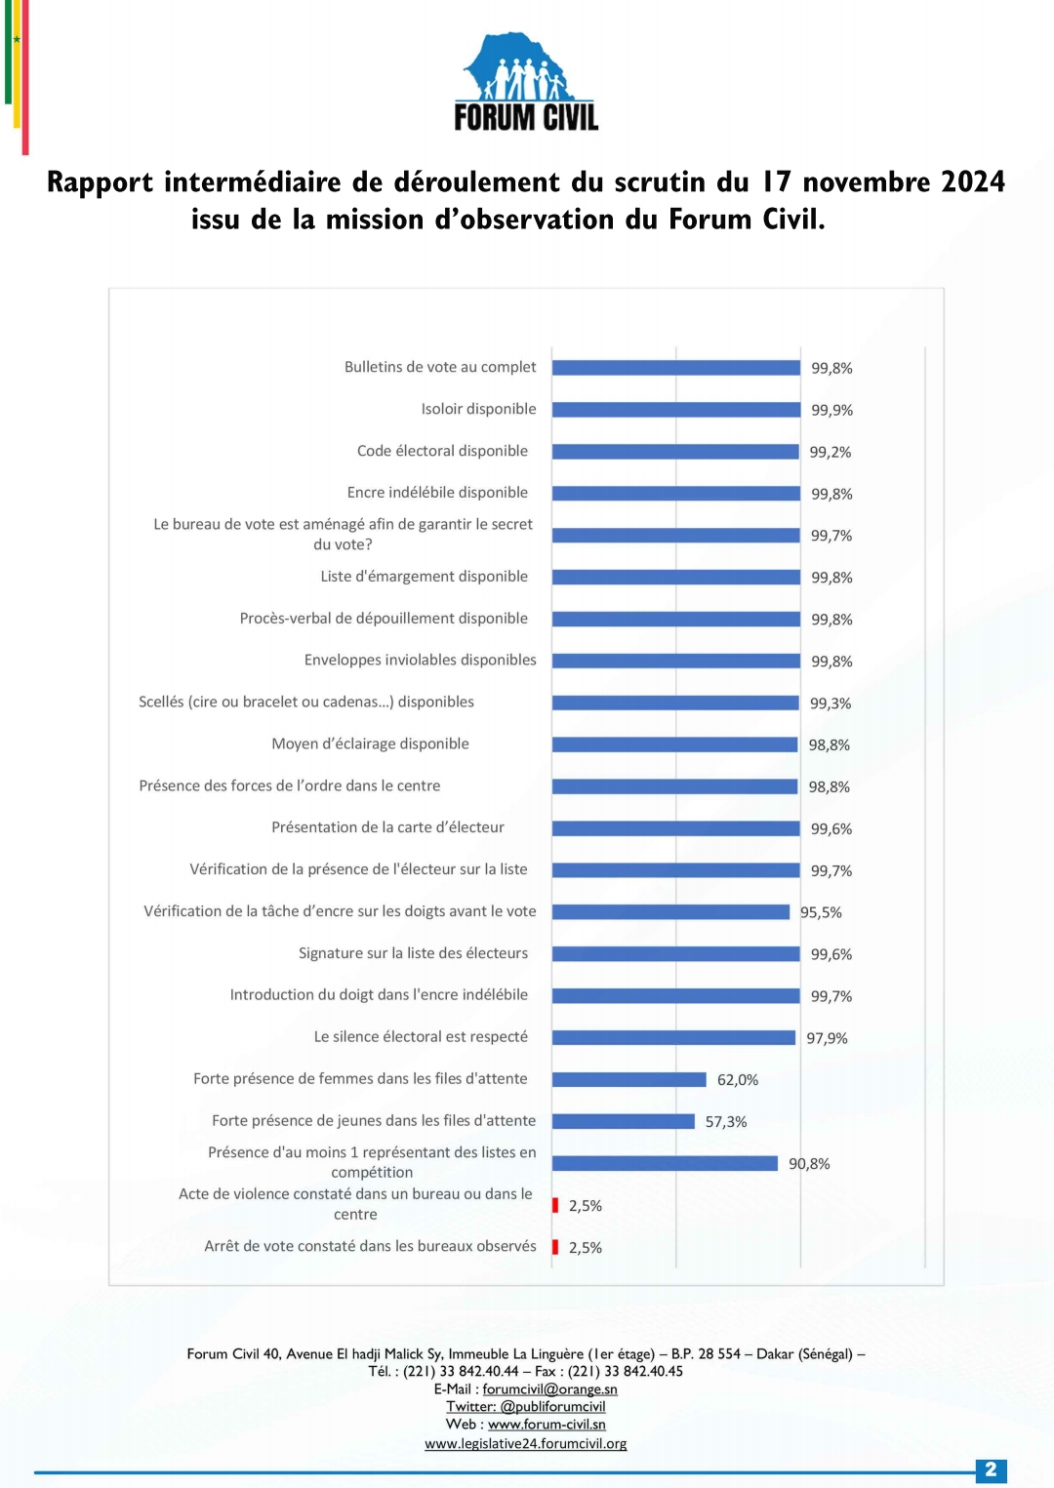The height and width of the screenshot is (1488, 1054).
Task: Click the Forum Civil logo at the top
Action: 526,83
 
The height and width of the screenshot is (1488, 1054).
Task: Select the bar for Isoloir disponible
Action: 675,410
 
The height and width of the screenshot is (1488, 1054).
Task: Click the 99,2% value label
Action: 831,452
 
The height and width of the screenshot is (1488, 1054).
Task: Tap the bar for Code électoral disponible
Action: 675,452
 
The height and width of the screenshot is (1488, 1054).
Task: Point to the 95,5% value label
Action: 821,912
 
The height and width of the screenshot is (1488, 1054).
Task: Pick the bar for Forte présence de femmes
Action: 628,1079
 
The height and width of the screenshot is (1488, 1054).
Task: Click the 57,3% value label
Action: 726,1122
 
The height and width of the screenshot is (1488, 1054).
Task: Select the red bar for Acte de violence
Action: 555,1205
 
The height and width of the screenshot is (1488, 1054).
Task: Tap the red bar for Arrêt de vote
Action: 555,1247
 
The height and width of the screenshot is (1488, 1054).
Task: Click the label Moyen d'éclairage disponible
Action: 370,744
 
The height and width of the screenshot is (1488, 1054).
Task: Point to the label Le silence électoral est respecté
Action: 421,1036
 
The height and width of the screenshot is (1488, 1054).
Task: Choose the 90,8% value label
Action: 809,1164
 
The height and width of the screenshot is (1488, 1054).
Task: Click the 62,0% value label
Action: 738,1080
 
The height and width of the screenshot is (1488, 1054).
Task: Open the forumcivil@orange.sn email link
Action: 549,1389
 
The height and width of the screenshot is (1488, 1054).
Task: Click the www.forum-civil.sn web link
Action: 547,1425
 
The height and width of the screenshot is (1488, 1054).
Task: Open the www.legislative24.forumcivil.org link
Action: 525,1444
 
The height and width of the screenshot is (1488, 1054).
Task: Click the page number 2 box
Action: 991,1470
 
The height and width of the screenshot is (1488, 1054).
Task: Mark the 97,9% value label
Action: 827,1038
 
